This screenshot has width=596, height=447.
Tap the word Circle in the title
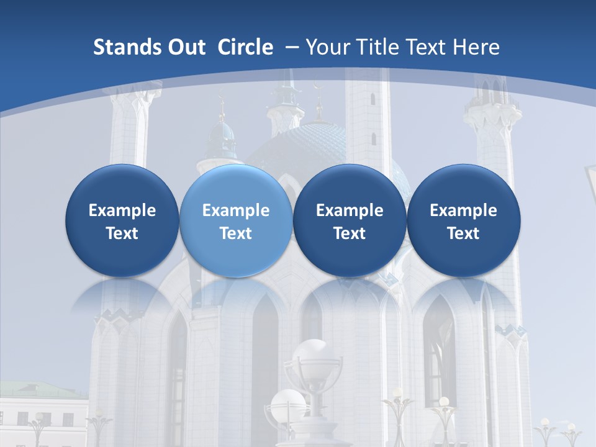point(245,47)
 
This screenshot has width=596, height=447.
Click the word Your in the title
point(328,47)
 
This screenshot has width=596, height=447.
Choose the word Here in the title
point(477,47)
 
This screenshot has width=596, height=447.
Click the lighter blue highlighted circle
point(236,220)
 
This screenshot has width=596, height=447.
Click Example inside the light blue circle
point(236,210)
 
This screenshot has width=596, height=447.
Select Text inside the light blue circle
point(236,233)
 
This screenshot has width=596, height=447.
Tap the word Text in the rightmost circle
point(463,233)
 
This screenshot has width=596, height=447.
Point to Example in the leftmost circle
point(122,210)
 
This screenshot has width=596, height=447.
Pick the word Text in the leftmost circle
point(122,233)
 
